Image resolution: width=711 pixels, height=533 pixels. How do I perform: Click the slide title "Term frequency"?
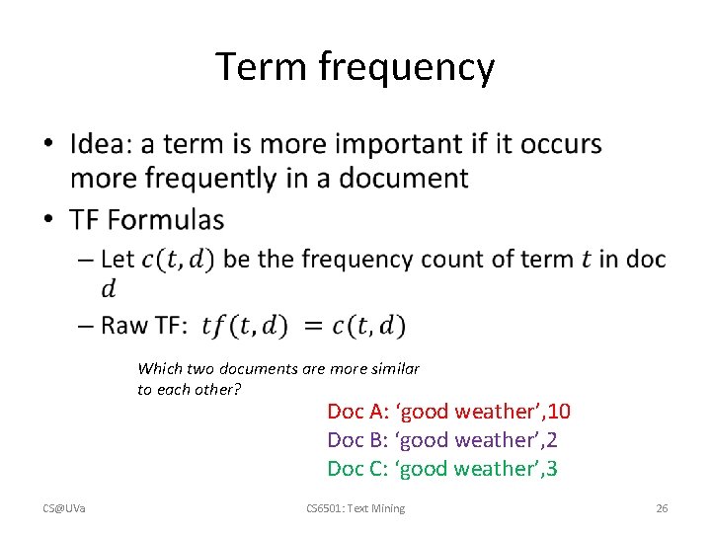click(x=355, y=67)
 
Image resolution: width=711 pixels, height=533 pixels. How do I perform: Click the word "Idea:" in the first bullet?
click(x=102, y=144)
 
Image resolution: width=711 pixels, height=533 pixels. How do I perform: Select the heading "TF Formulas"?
click(x=147, y=219)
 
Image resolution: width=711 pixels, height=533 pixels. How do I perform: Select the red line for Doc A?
click(x=448, y=412)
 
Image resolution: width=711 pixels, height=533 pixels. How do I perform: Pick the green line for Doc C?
click(x=441, y=469)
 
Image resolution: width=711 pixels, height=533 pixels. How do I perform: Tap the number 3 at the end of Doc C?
click(x=551, y=469)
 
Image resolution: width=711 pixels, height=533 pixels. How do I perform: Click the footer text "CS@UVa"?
click(x=64, y=508)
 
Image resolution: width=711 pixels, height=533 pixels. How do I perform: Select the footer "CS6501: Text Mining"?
click(x=355, y=508)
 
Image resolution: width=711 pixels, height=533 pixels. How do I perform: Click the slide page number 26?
click(x=662, y=508)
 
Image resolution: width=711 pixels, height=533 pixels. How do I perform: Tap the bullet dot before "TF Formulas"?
click(x=49, y=219)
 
